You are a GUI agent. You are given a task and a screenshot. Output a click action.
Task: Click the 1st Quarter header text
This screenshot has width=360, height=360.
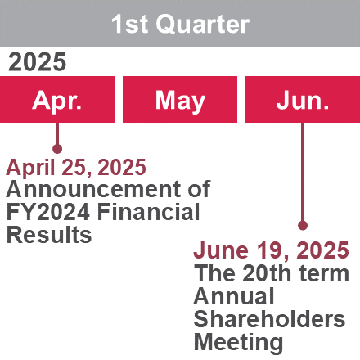point(180,24)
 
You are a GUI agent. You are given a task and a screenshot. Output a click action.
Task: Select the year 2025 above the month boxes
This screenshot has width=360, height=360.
point(37,62)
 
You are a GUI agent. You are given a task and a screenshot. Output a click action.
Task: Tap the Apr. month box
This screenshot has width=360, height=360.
point(57,99)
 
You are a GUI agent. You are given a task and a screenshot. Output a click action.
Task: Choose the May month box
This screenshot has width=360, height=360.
point(180,99)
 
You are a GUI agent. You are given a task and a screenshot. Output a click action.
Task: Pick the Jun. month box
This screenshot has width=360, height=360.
point(303,99)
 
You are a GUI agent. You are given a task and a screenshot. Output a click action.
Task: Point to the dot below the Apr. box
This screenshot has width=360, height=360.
point(57,149)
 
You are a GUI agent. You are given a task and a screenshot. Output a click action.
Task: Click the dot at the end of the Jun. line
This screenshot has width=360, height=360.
point(303,226)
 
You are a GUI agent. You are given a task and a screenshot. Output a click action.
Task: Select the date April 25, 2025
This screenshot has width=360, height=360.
point(76,168)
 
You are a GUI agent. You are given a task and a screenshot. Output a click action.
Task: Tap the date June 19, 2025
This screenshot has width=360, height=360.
point(271,250)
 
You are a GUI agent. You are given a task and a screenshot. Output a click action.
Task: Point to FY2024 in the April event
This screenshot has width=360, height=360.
point(48,212)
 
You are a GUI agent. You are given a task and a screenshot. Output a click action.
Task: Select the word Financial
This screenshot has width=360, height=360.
point(149,212)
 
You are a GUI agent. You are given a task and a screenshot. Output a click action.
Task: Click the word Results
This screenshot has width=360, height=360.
point(49,235)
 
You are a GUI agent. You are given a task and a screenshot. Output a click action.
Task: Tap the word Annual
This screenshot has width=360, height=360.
point(234,296)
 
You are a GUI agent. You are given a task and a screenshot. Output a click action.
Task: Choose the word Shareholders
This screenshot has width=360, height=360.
point(269,319)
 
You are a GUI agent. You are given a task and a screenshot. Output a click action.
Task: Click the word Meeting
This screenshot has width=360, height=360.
point(238,343)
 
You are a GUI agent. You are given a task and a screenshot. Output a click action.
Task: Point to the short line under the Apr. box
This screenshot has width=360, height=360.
point(57,133)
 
